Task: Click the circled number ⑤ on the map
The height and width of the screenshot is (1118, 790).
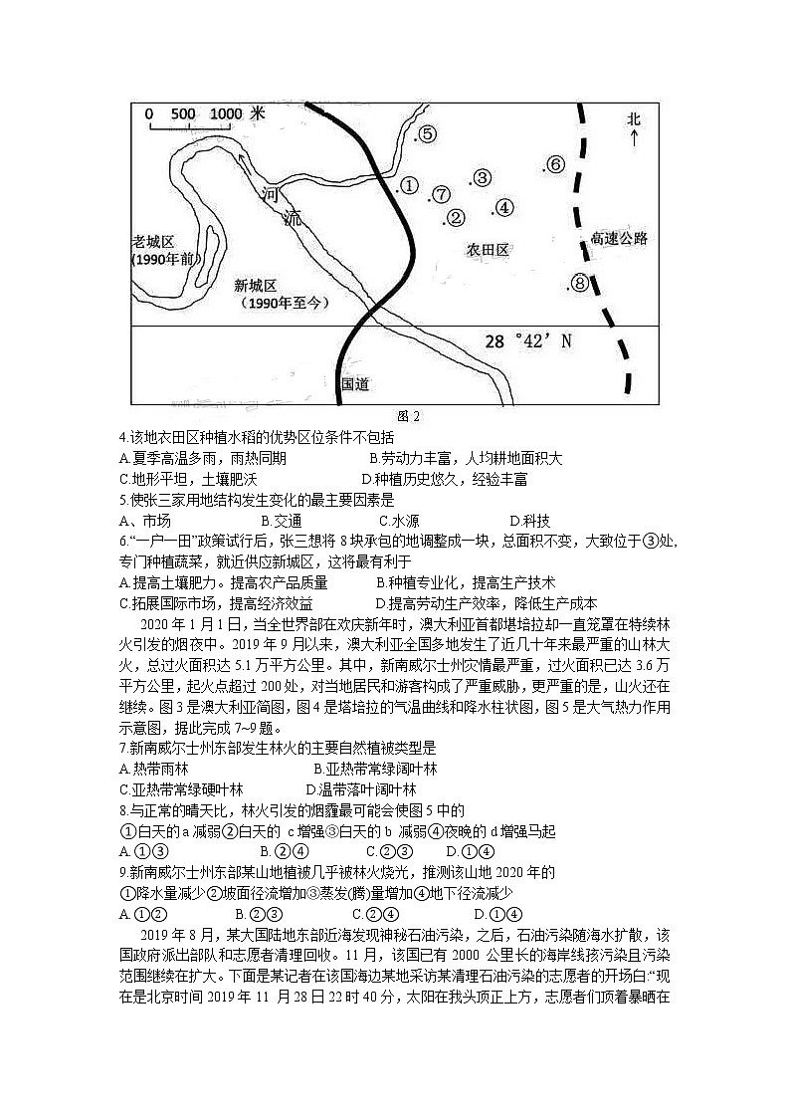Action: pos(426,133)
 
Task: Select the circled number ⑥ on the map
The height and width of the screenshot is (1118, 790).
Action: pos(555,165)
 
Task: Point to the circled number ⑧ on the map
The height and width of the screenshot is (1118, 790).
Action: pos(580,284)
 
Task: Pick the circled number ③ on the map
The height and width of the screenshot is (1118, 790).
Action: pos(482,178)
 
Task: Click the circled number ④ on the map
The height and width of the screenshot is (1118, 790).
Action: pos(503,207)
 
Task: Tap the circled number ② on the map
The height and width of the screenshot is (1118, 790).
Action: pos(456,218)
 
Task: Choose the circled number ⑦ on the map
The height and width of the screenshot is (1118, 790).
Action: pos(442,194)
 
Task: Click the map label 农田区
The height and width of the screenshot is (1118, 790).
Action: pos(488,250)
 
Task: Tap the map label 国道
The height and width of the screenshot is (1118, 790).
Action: pos(355,382)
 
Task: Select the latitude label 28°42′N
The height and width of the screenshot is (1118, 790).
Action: pos(528,341)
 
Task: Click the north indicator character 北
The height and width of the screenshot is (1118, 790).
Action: pos(634,118)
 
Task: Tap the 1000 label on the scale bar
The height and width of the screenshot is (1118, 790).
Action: pos(227,114)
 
